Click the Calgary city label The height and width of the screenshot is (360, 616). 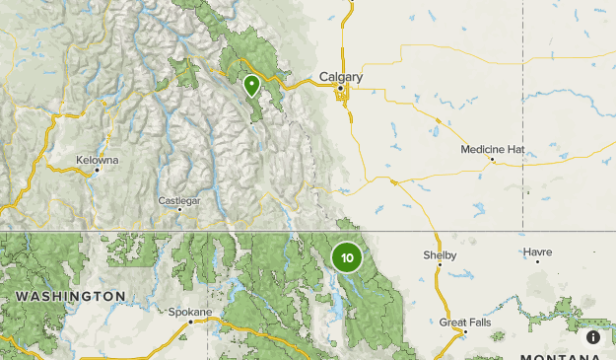pos(341,77)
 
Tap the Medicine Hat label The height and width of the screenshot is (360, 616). pos(492,149)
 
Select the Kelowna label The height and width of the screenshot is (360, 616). pos(98,159)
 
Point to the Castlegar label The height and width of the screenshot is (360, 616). pos(179,200)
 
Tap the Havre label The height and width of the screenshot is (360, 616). pos(537,252)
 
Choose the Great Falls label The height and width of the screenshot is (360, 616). pos(465,322)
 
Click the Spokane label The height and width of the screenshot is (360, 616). pos(189,312)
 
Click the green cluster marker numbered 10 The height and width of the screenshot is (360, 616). pos(347,258)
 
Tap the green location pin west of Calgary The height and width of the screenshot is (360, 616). pos(251,86)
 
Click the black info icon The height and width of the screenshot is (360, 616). pos(593,337)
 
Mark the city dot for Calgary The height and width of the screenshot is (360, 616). pos(341,89)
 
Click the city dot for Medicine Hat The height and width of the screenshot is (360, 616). pos(492,160)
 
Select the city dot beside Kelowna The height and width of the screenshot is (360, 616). pos(98,170)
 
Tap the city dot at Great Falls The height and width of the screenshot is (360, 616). pos(465,331)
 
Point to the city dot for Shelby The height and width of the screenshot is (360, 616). pos(440,264)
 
